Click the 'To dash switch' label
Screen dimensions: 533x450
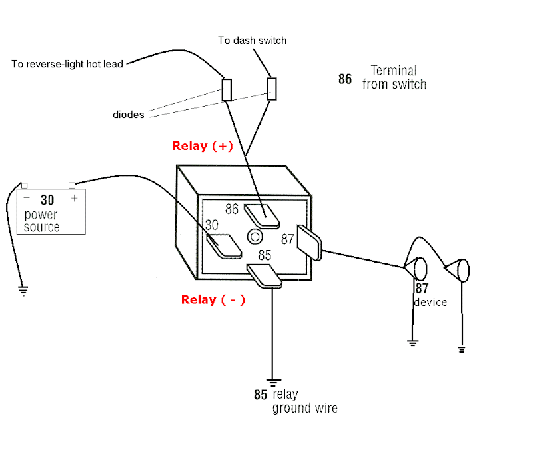[x=253, y=41]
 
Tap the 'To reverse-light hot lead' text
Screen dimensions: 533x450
[x=67, y=64]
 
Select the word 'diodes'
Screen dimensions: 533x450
[x=128, y=115]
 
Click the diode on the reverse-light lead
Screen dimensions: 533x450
[x=227, y=90]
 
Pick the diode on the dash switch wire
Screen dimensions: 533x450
[x=272, y=89]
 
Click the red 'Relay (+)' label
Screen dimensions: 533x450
[x=203, y=146]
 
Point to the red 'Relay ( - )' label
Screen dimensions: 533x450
[x=213, y=299]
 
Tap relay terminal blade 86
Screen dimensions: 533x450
[x=262, y=216]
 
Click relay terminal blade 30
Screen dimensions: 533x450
[x=224, y=246]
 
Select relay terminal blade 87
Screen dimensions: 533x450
[x=309, y=242]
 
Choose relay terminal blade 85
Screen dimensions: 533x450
[x=265, y=276]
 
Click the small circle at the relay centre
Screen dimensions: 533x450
[x=255, y=237]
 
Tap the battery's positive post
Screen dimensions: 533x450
[x=72, y=185]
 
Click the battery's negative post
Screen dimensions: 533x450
[x=24, y=185]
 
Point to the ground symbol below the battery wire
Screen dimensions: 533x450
[x=23, y=291]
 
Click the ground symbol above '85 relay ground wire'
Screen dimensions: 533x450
[x=273, y=383]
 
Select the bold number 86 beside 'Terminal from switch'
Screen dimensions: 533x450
[x=345, y=79]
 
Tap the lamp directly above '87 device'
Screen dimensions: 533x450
[x=416, y=269]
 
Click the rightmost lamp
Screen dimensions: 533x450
[x=458, y=271]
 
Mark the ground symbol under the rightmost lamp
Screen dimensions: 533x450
[x=462, y=349]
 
